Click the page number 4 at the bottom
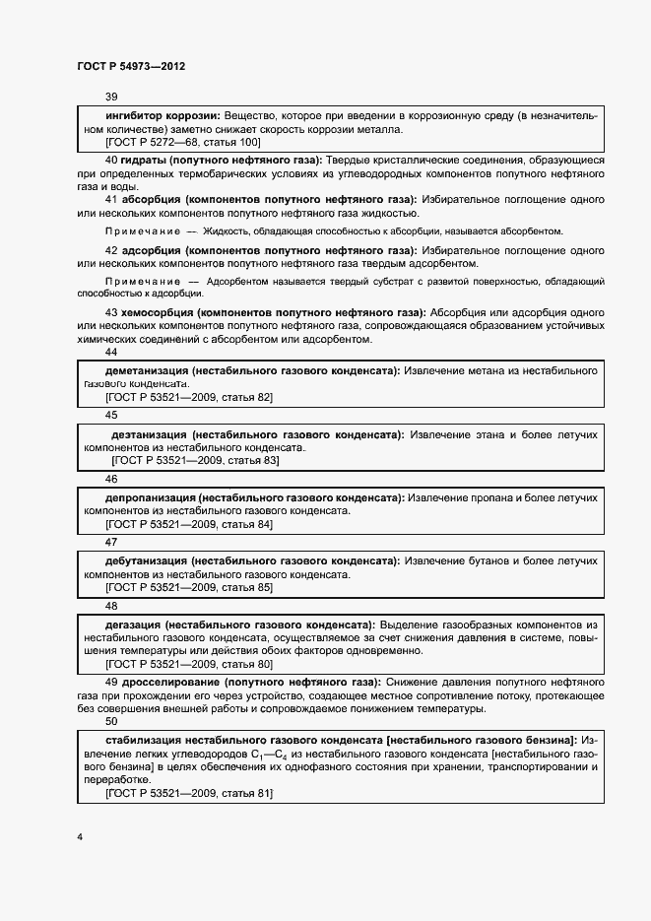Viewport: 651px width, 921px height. coord(79,836)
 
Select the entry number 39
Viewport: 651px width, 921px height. coord(111,97)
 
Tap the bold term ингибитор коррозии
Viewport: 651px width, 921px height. coord(161,116)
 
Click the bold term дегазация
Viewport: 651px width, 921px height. coord(132,625)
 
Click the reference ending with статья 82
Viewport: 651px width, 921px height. coord(189,397)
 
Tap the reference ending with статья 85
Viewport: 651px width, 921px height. coord(189,587)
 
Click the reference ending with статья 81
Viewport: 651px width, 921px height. coord(189,793)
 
